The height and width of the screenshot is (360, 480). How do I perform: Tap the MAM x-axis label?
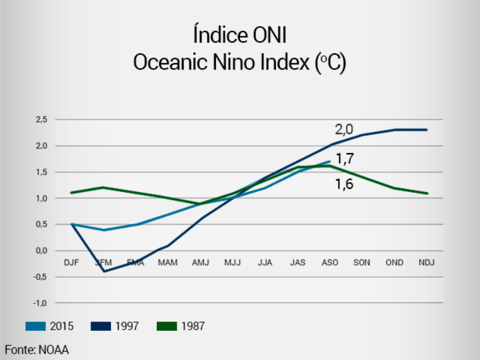click(167, 263)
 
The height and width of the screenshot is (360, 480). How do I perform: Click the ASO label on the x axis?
click(330, 263)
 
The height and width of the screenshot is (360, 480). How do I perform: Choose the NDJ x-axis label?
click(427, 263)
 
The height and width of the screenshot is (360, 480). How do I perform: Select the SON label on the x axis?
click(362, 263)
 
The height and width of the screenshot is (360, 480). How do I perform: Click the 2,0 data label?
click(344, 130)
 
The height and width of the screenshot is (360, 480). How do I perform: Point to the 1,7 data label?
click(345, 159)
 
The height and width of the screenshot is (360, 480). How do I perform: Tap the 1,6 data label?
click(344, 184)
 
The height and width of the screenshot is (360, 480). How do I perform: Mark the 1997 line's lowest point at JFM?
click(103, 271)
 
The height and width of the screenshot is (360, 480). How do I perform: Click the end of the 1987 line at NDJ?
click(427, 193)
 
